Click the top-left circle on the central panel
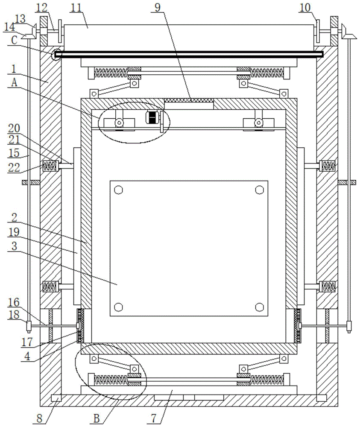coord(119,190)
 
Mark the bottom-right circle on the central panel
coord(259,307)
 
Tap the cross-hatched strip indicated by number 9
coord(188,101)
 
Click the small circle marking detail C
coord(56,54)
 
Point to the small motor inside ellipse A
coord(152,117)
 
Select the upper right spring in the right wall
coord(328,165)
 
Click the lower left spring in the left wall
coord(50,286)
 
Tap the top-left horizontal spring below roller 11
coord(111,73)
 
